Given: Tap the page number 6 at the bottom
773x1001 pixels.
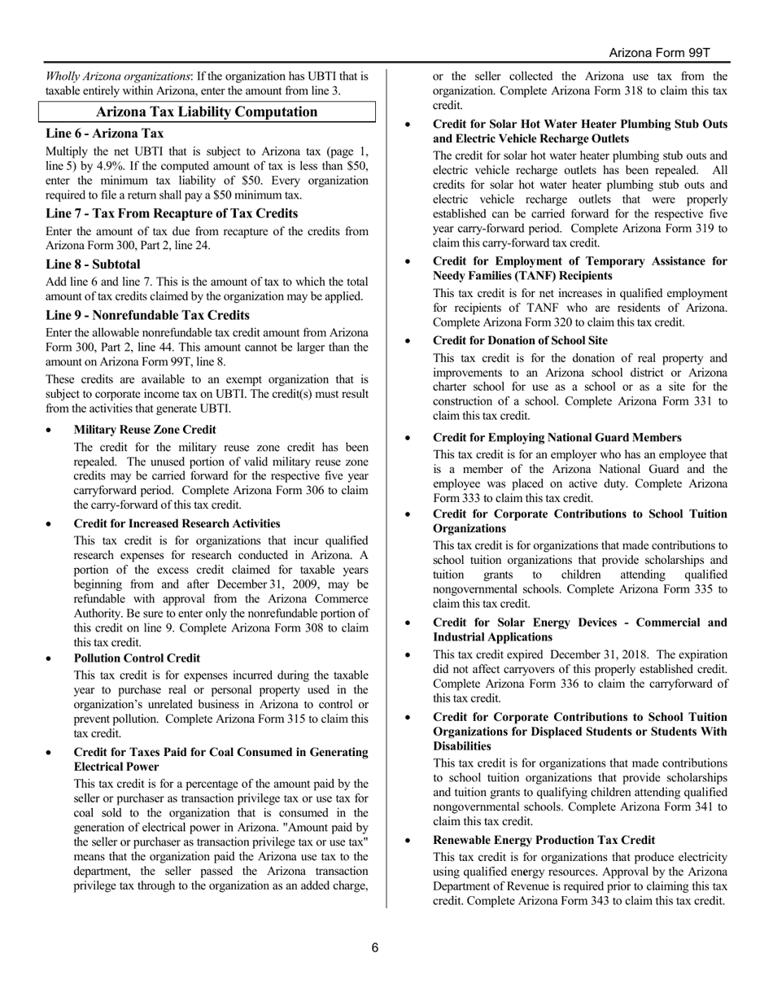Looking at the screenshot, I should coord(375,947).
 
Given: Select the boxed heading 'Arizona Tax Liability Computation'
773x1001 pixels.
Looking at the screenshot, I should coord(207,112).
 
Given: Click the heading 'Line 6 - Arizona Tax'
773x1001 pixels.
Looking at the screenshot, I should coord(105,133).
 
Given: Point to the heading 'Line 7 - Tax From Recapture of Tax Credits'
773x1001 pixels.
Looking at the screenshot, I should coord(172,213).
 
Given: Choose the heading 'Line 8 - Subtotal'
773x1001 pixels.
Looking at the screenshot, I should coord(93,264).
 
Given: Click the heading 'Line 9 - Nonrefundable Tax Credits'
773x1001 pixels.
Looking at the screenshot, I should coord(147,315).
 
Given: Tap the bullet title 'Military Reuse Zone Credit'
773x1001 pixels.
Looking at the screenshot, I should coord(145,430).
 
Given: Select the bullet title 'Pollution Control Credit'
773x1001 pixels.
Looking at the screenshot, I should coord(137,658).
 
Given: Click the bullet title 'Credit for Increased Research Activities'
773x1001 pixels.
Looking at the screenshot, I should coord(177,523).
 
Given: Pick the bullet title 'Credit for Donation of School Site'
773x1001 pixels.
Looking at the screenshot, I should coord(520,340).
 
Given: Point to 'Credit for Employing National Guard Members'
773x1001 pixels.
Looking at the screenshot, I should coord(557,438).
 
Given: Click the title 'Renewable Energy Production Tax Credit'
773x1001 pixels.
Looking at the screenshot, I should coord(544,840).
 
